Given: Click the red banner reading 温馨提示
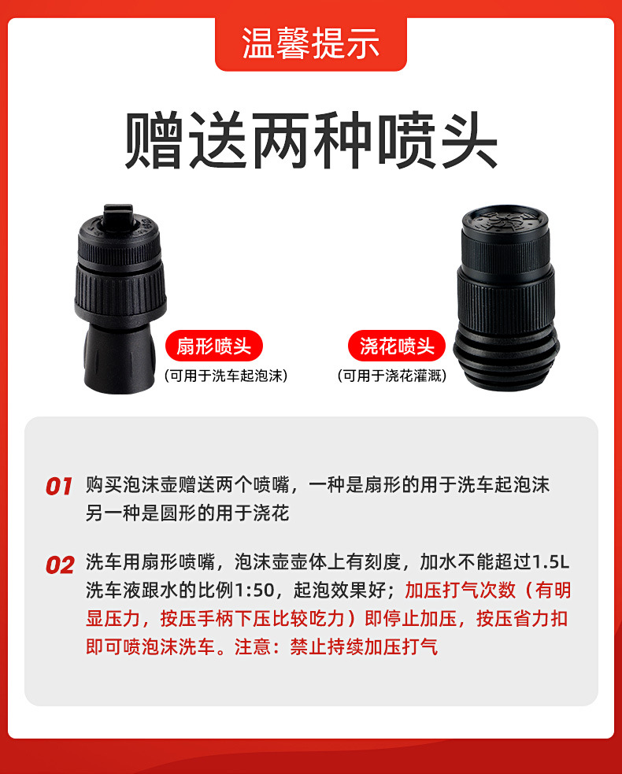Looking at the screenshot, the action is [x=311, y=43].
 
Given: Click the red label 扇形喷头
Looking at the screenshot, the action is [x=213, y=346].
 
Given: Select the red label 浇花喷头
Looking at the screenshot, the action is [x=397, y=346].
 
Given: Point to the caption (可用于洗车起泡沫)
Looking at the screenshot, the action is [x=226, y=376].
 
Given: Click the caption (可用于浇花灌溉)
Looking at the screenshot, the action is [x=392, y=376].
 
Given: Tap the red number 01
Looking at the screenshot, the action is [x=59, y=487].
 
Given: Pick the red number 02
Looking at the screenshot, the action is [x=60, y=565].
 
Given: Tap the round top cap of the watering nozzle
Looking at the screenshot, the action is [x=505, y=220].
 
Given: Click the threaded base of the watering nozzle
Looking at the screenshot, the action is [x=506, y=358].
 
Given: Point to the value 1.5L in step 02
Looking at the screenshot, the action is [x=552, y=561].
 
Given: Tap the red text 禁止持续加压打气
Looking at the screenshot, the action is [x=364, y=646].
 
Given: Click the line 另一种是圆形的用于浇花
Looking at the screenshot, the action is [x=187, y=513].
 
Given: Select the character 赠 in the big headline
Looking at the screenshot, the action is [x=154, y=140].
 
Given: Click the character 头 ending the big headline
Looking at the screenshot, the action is [x=468, y=140].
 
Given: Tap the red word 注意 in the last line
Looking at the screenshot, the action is [x=253, y=646].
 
